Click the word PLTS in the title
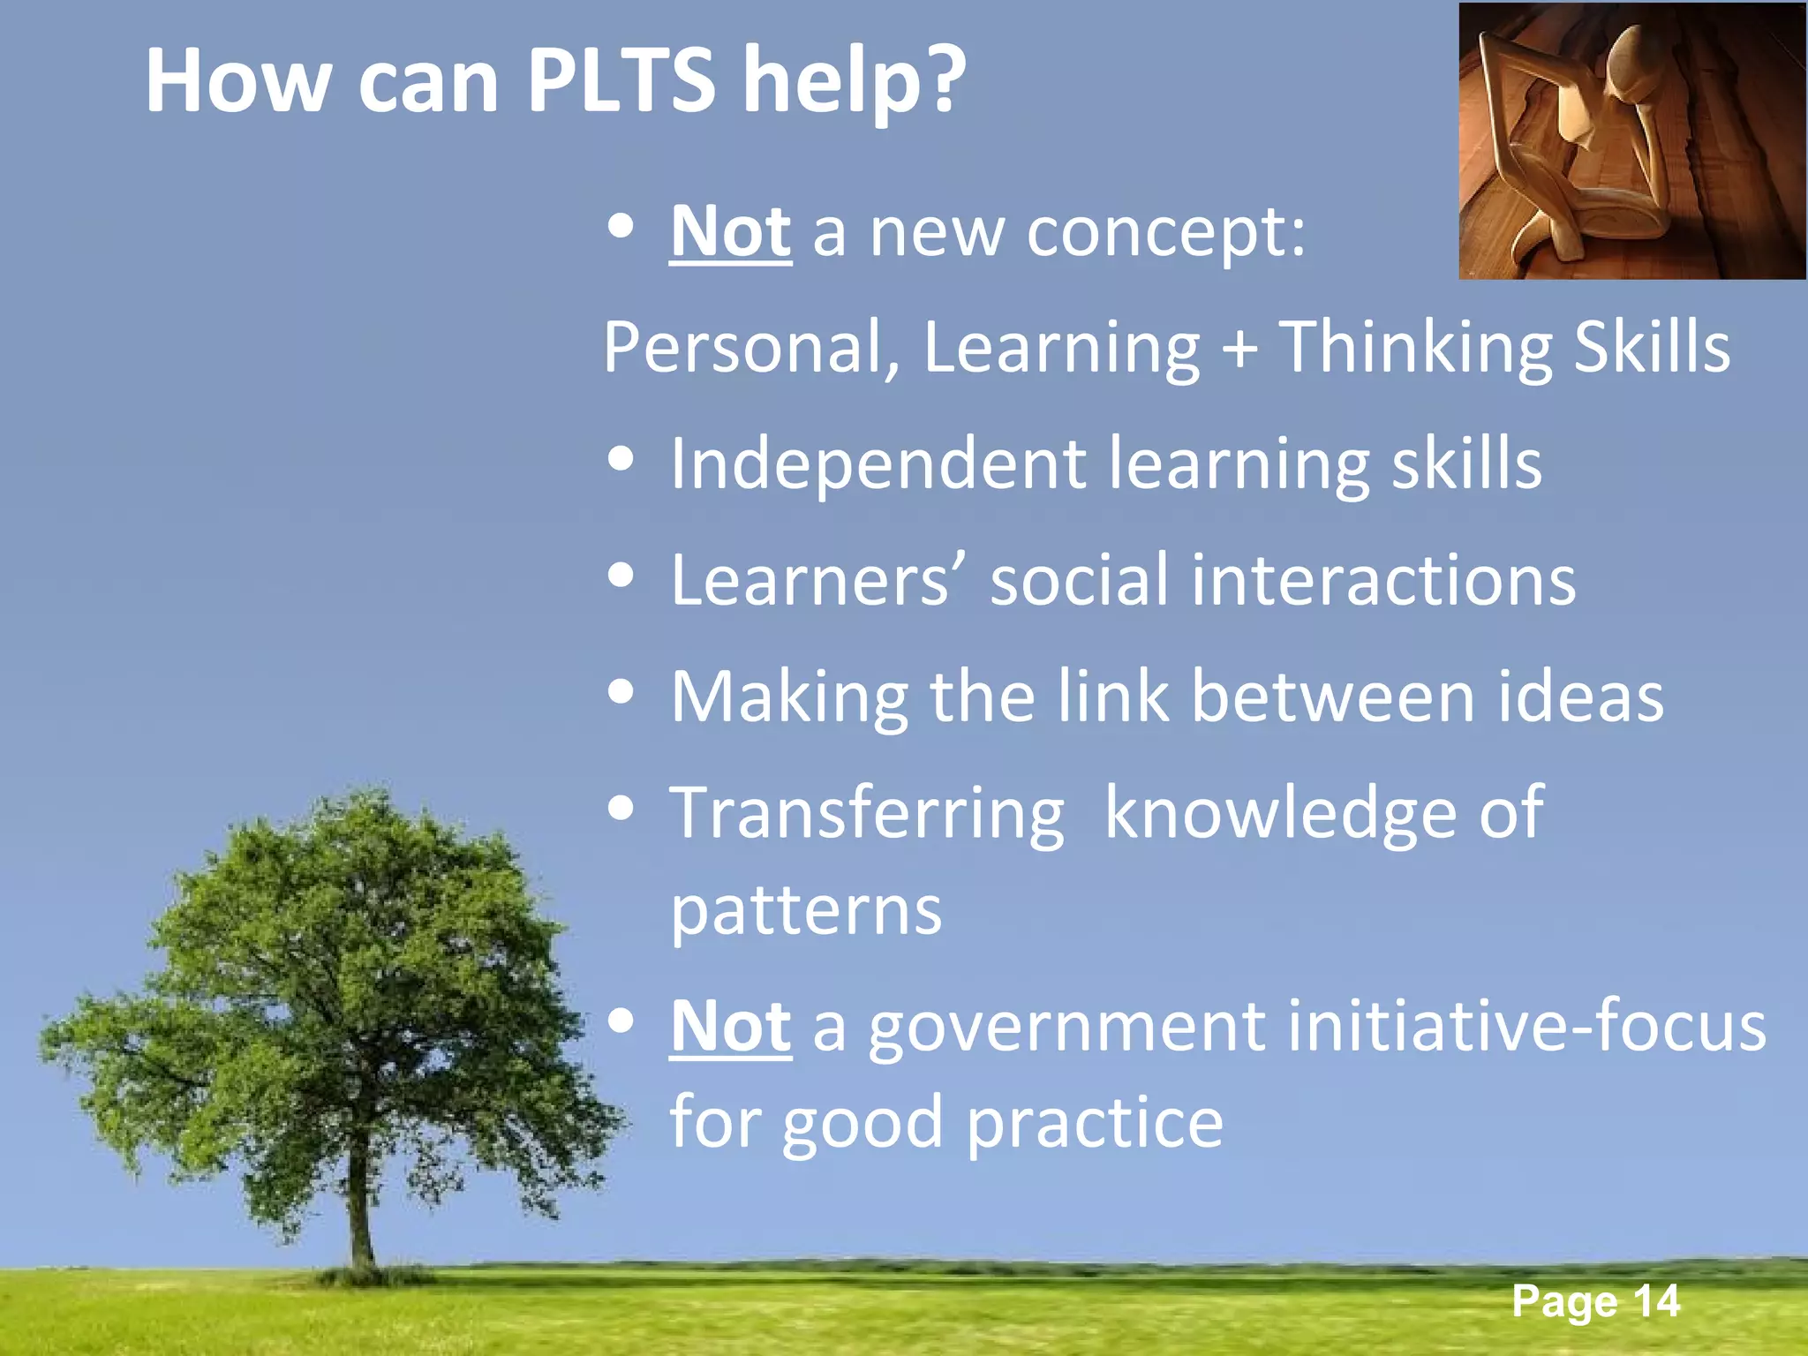pos(621,81)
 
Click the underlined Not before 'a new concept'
pos(730,232)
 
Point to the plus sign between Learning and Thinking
pos(1239,347)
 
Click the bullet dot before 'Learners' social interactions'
pos(621,576)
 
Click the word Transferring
pos(867,814)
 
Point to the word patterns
pos(806,911)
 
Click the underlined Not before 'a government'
pos(730,1027)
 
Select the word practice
pos(1095,1124)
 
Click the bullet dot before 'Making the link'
pos(621,692)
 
